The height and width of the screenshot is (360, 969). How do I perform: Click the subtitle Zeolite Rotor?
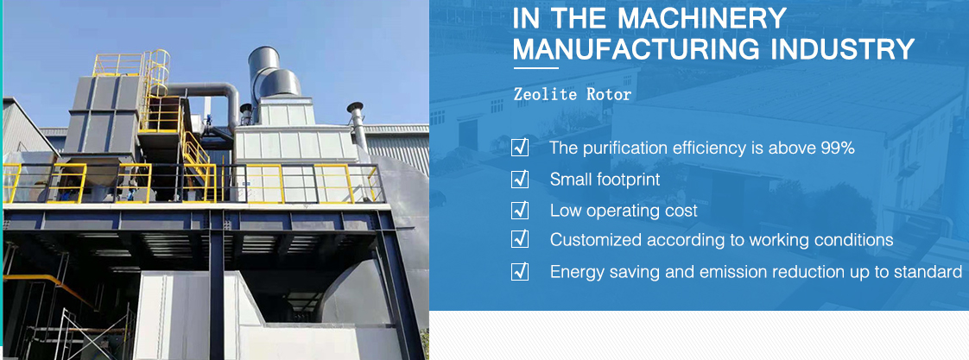[573, 94]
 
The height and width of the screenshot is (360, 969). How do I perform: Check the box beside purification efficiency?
[520, 148]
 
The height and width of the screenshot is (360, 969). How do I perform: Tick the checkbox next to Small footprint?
[520, 179]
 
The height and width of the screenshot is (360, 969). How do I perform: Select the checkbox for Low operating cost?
[520, 210]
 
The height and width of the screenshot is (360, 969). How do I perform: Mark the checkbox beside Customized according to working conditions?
[520, 240]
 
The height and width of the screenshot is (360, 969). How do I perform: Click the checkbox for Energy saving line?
[520, 272]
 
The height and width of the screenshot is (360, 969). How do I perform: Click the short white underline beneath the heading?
[535, 68]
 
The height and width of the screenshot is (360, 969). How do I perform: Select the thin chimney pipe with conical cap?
[357, 127]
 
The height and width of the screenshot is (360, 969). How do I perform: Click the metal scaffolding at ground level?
[92, 333]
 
